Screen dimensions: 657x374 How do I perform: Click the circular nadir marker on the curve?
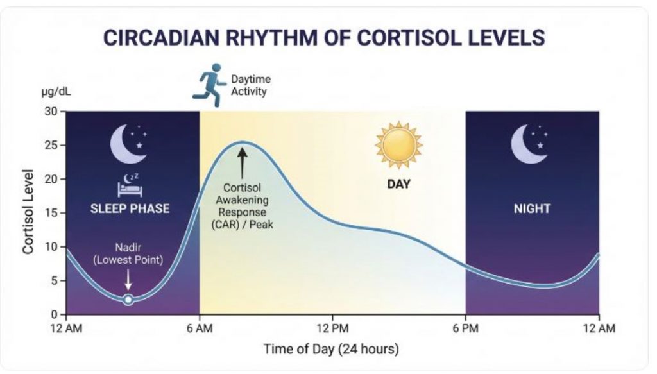pos(128,300)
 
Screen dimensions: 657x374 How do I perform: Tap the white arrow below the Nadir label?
pos(128,279)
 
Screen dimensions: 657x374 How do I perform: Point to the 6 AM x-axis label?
pos(200,328)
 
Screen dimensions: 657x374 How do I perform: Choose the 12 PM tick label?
pos(333,328)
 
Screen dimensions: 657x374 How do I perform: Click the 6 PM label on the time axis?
pos(466,328)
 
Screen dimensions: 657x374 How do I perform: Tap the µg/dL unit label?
pos(56,92)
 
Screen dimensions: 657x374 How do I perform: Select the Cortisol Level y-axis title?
pos(28,212)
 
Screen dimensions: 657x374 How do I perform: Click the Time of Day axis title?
pos(331,349)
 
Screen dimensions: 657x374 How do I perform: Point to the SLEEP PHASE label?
pos(130,208)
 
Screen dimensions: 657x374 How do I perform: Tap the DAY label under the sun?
pos(398,184)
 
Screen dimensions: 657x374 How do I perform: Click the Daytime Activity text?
pos(251,85)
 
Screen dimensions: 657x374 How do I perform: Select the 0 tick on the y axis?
pos(54,314)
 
